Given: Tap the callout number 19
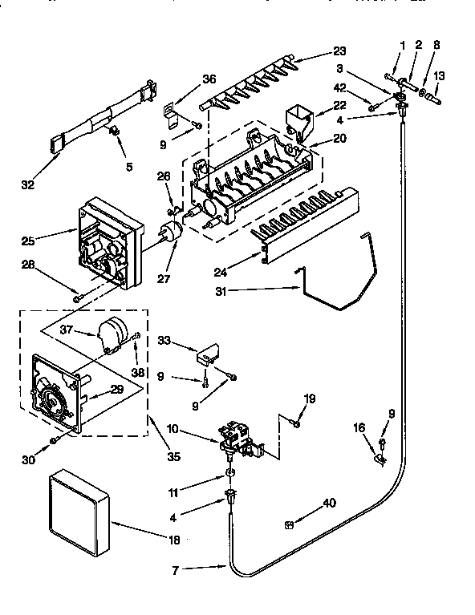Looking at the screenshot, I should [x=309, y=398].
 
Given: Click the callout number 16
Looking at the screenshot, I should [x=359, y=428].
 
